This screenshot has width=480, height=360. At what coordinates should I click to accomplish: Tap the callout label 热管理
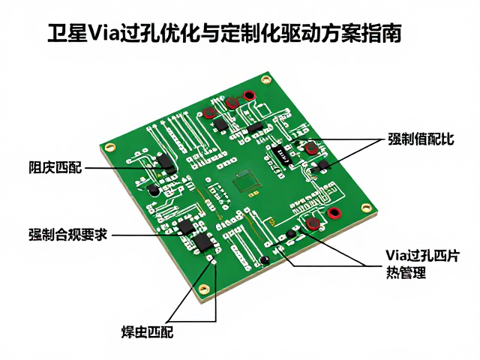point(406,272)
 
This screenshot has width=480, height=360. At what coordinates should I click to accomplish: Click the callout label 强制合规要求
point(68,235)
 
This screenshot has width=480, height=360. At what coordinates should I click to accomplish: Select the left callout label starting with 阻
point(55,167)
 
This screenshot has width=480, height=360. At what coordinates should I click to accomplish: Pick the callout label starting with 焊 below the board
point(148,331)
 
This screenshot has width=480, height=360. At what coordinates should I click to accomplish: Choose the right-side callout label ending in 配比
point(421,139)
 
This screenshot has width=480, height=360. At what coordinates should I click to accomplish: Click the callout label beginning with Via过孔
point(422,256)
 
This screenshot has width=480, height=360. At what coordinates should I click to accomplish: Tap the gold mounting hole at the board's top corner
point(266,80)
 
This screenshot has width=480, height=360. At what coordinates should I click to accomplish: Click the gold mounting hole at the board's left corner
point(110,148)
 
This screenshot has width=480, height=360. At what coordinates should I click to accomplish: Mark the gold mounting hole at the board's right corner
point(367,208)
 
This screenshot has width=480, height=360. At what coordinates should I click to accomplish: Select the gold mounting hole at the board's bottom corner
point(203,289)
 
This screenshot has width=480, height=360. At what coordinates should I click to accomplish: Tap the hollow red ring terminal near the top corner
point(249,95)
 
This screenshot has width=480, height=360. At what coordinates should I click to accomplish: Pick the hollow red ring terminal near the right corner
point(334,213)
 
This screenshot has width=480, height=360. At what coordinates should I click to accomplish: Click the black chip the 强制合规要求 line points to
point(187,227)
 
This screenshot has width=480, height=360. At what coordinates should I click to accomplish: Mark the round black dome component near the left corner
point(153,190)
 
